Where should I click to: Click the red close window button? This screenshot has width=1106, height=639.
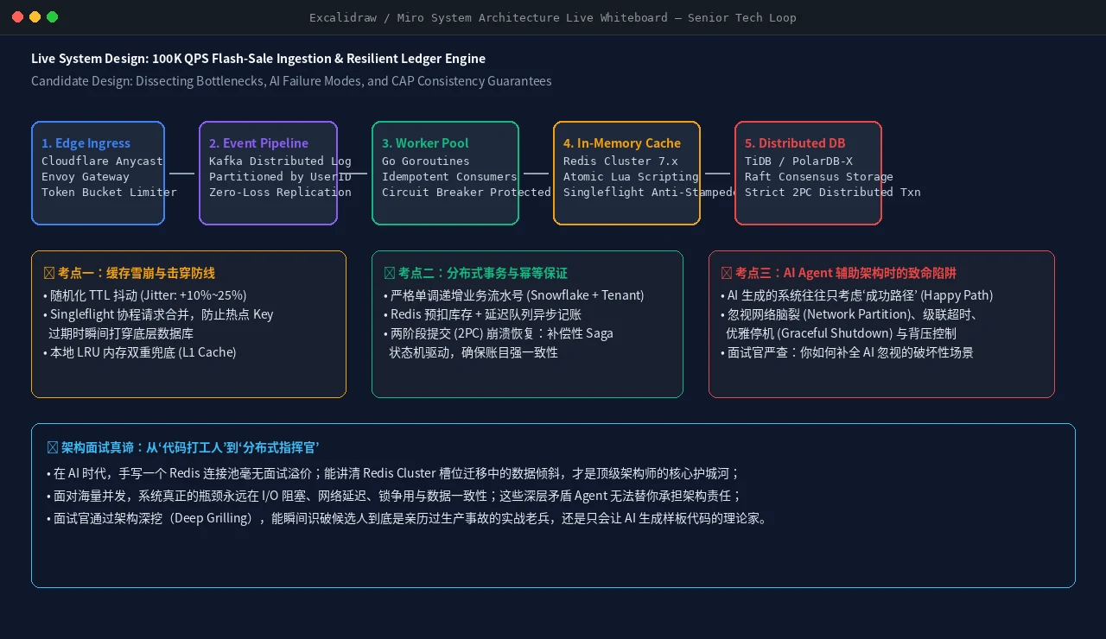coord(18,17)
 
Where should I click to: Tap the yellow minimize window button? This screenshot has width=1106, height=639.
coord(35,17)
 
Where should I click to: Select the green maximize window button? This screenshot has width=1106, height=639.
coord(53,17)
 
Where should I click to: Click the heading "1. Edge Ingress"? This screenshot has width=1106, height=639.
coord(86,143)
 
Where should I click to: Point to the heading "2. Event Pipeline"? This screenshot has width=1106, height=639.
coord(258,143)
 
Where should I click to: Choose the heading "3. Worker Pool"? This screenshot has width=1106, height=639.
coord(425,143)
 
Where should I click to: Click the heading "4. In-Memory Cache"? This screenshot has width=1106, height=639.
coord(622,143)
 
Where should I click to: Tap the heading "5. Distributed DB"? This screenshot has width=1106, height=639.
coord(795,143)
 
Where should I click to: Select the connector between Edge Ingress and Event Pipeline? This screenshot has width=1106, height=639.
coord(181,174)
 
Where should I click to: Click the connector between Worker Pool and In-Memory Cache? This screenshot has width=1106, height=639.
coord(536,174)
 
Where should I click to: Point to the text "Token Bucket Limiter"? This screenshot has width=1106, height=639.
coord(109,192)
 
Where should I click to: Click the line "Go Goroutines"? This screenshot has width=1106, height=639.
coord(426,161)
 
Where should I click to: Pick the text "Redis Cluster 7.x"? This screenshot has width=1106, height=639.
coord(620,161)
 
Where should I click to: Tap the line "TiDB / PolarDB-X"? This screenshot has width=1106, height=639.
coord(799,161)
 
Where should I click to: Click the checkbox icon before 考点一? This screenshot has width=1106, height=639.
coord(49,273)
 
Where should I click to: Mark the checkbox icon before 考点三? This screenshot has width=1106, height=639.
coord(727,273)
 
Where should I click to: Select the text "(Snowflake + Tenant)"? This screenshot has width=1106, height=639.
coord(585,295)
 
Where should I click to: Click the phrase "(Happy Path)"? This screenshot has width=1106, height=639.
coord(957,295)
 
